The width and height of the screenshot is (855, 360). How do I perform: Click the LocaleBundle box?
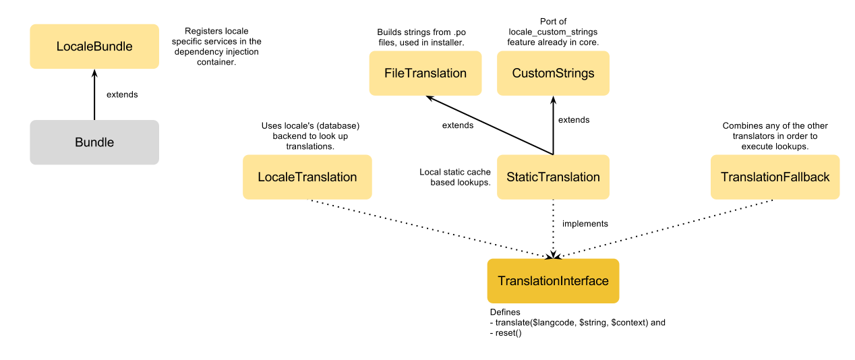[94, 47]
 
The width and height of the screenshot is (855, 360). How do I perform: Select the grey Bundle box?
[94, 142]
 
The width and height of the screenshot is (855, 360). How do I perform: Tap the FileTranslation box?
[425, 73]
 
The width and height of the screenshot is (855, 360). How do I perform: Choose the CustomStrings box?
[553, 73]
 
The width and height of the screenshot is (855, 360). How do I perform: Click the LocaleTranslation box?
[307, 177]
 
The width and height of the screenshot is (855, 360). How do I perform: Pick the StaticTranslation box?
[553, 177]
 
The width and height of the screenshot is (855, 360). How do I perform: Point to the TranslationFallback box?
[775, 177]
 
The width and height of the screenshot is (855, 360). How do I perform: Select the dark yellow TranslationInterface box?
[553, 281]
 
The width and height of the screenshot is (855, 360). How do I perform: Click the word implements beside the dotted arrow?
[585, 224]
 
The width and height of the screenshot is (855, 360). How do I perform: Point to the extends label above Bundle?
[122, 95]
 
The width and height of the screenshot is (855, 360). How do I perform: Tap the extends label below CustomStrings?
[574, 120]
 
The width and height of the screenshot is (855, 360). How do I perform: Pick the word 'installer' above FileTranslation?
[444, 43]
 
